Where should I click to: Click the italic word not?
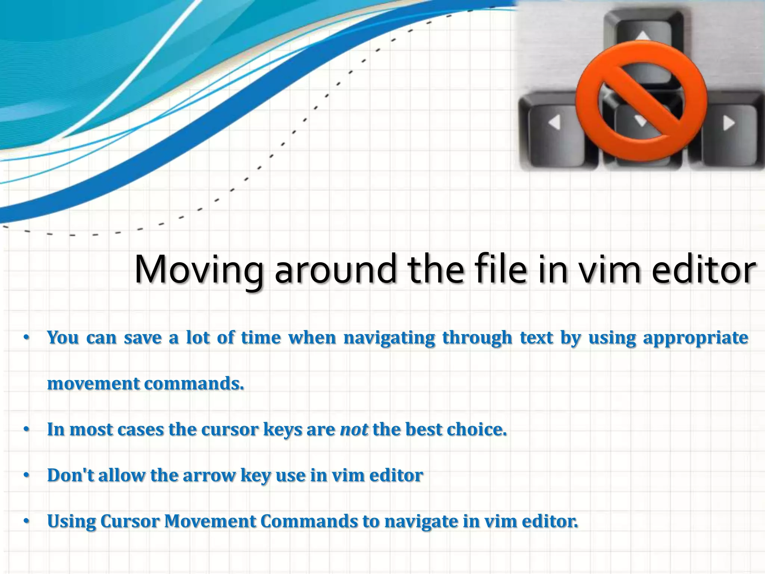354,430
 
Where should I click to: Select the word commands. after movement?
194,384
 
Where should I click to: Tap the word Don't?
71,475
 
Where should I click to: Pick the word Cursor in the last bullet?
130,521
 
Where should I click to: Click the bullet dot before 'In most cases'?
26,430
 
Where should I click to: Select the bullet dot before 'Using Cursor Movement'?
26,522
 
